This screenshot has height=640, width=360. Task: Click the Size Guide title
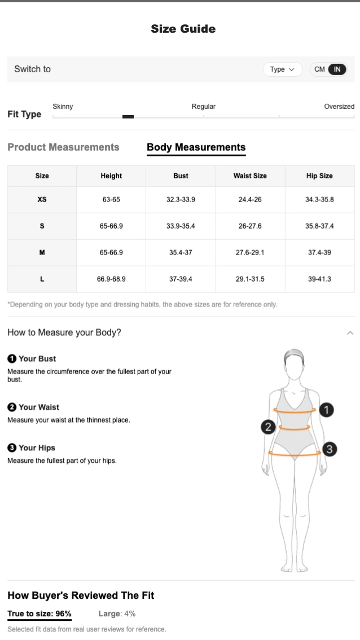pos(183,29)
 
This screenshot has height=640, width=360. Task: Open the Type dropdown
pos(283,69)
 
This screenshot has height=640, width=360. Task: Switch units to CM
pos(319,69)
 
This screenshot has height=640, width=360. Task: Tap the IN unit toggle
pos(337,69)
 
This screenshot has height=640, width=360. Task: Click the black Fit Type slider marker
pos(128,117)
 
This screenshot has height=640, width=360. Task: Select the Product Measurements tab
pos(63,147)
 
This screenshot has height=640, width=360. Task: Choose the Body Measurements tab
pos(196,147)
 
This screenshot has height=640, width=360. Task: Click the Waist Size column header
pos(250,176)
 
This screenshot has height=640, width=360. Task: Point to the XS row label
pos(42,200)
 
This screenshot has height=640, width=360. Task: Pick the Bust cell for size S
pos(181,226)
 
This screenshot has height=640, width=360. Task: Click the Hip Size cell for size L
pos(319,279)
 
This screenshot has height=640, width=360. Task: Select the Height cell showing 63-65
pos(111,200)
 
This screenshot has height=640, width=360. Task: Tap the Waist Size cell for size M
pos(250,252)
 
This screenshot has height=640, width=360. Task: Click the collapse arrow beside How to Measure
pos(350,333)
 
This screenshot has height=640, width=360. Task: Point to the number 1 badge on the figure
pos(326,410)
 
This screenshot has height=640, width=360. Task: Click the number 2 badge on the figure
pos(268,427)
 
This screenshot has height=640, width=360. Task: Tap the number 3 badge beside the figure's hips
pos(330,449)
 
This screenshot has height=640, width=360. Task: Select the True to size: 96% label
pos(39,613)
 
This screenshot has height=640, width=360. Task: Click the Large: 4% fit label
pos(117,613)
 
